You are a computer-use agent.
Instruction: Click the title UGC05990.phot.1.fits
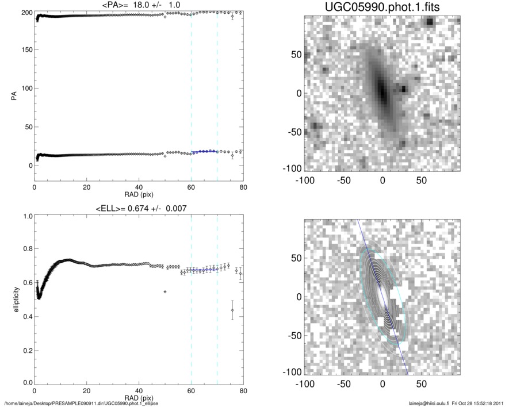(x=382, y=8)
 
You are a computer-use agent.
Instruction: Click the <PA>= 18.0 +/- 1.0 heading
(x=139, y=5)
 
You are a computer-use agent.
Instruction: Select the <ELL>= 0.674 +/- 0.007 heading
(x=139, y=208)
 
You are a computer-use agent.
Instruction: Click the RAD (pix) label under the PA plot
(x=139, y=195)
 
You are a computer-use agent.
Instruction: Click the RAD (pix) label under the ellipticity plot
(x=139, y=397)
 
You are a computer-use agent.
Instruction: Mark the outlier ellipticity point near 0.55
(x=164, y=291)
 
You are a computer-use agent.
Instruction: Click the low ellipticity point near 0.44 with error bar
(x=232, y=310)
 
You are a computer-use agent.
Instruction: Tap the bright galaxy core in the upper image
(x=382, y=91)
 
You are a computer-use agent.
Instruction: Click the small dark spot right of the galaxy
(x=404, y=89)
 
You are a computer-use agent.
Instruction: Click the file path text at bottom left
(x=82, y=403)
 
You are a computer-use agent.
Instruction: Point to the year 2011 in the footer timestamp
(x=499, y=403)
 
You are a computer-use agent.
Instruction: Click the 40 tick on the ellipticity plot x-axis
(x=139, y=390)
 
